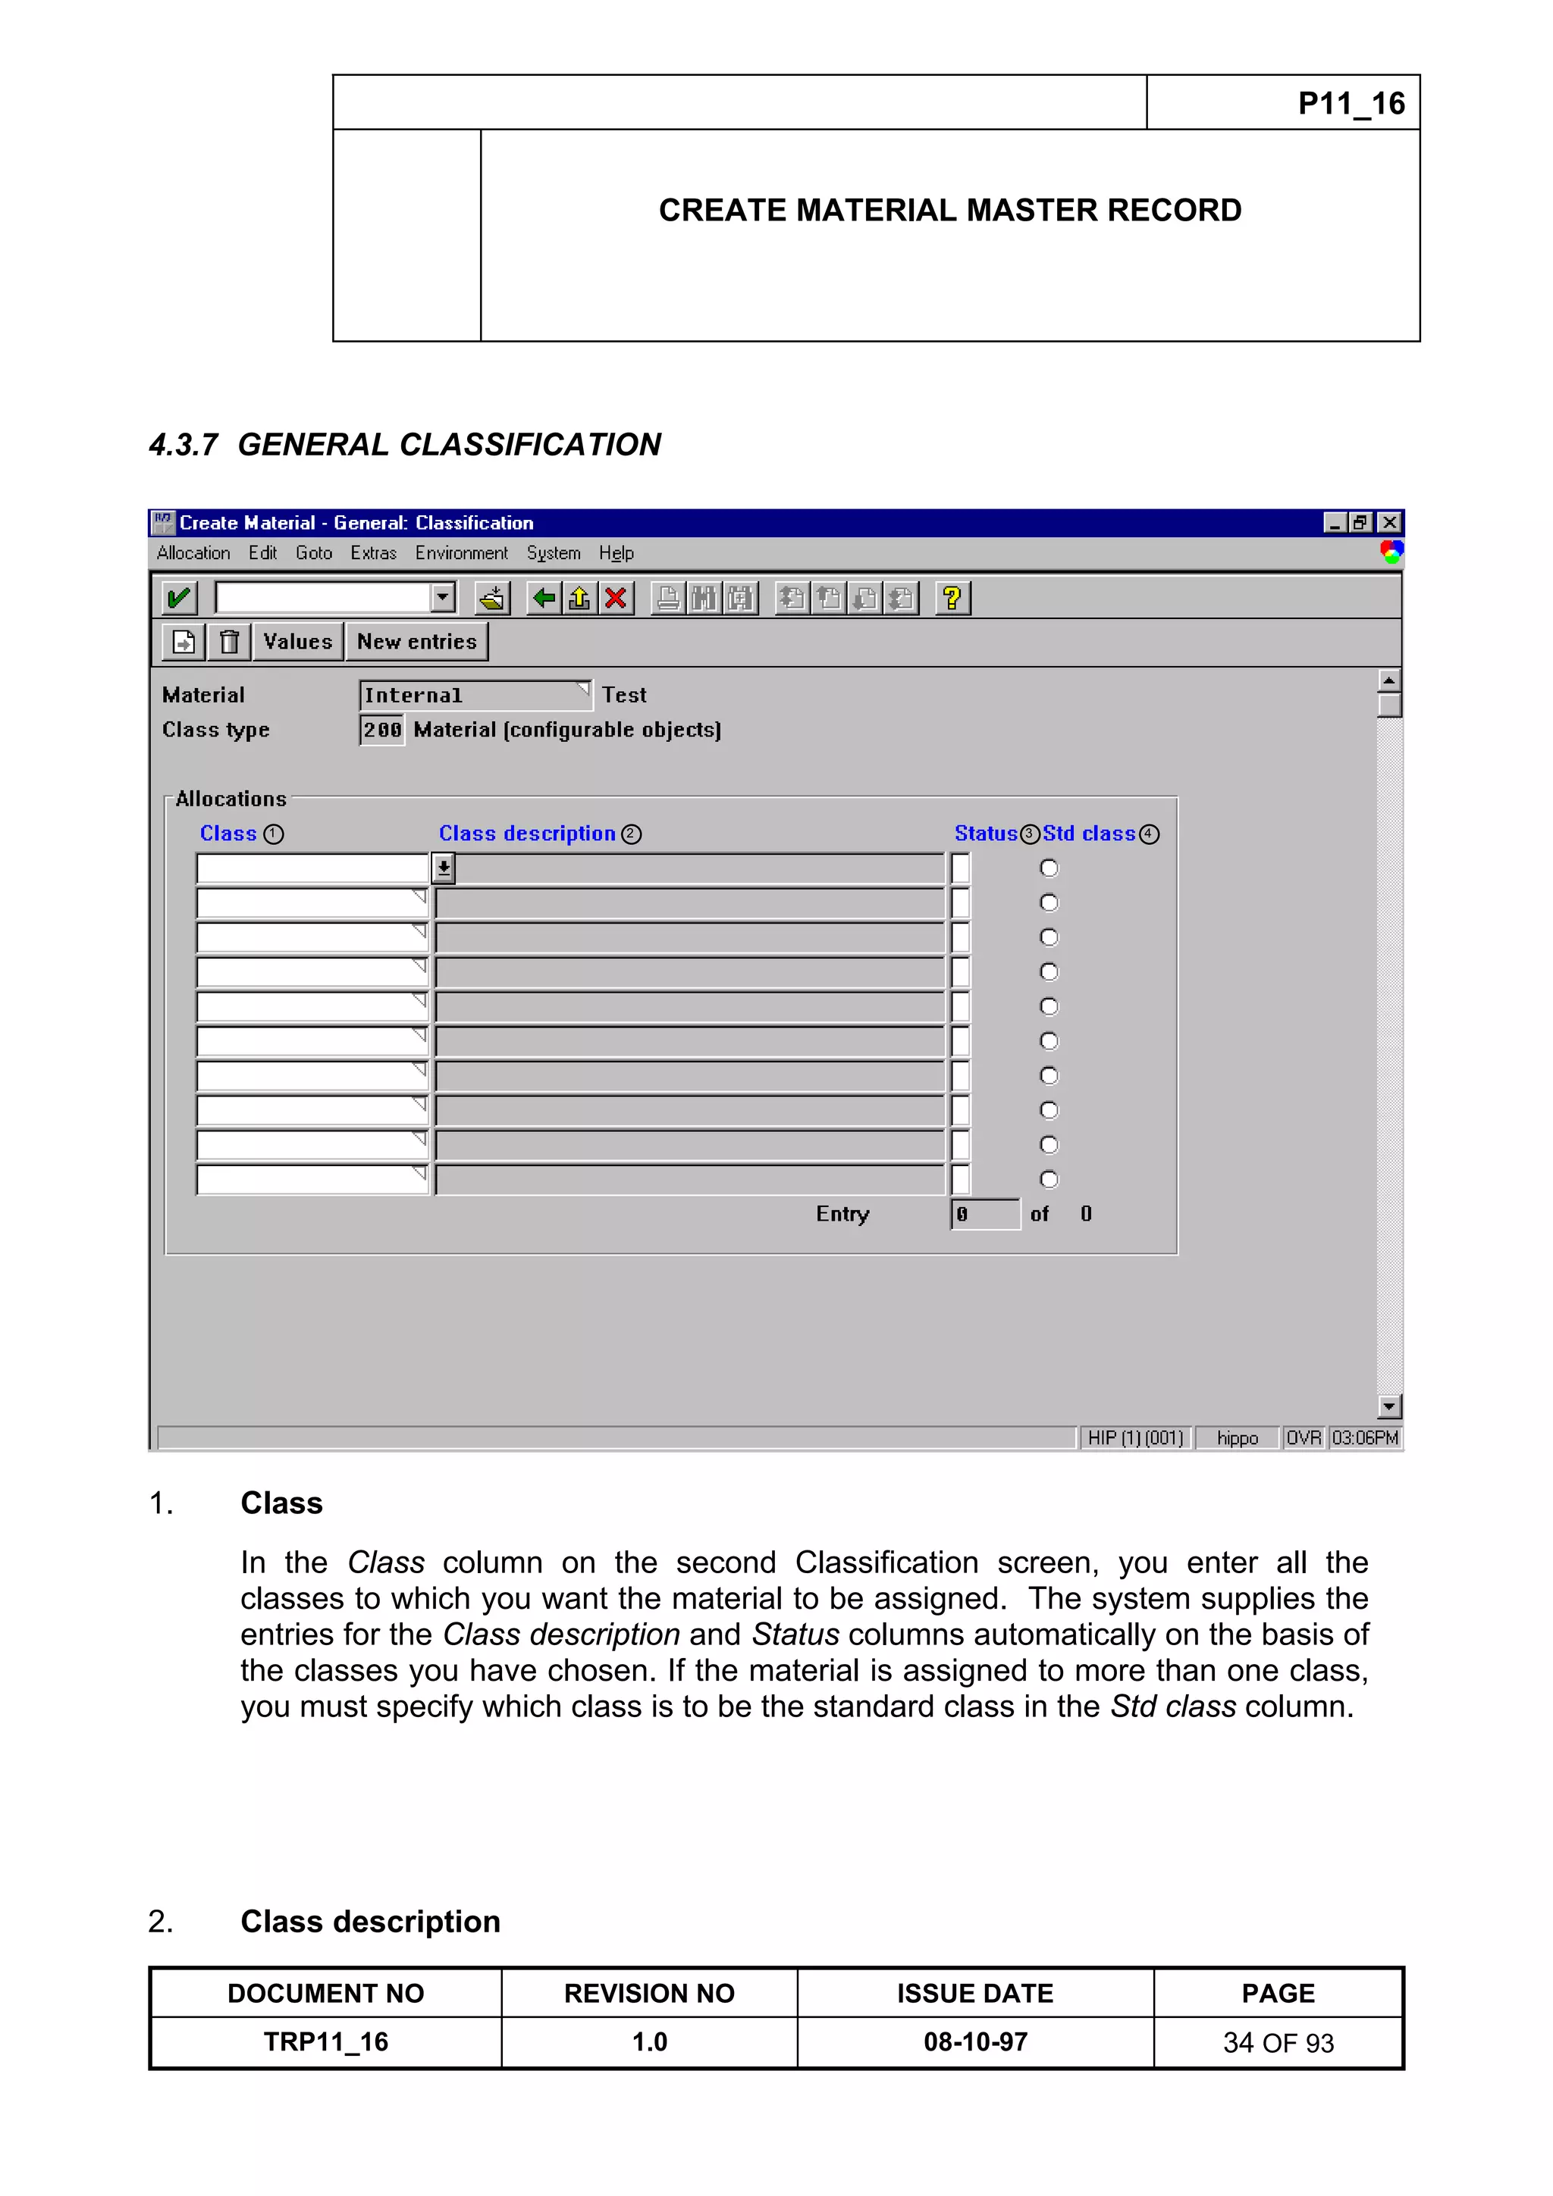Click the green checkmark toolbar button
point(179,599)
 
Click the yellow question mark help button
point(951,599)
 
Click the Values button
point(297,642)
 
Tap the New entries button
point(416,642)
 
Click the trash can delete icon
point(229,642)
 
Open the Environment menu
point(461,553)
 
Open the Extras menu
point(373,553)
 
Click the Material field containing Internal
point(474,696)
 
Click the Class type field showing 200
point(381,730)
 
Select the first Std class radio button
point(1049,868)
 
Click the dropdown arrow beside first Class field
point(443,868)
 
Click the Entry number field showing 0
point(984,1215)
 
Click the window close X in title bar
point(1389,522)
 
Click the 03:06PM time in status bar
point(1364,1437)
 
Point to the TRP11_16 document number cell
point(325,2042)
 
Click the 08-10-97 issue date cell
point(975,2042)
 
